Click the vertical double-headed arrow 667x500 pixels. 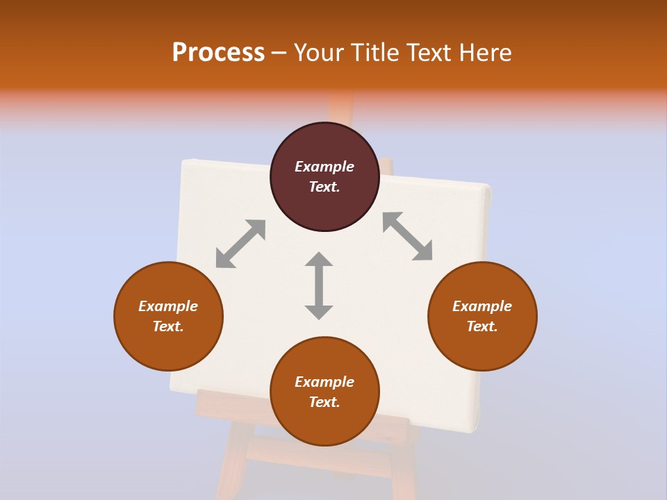point(319,286)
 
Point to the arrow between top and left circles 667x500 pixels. point(240,244)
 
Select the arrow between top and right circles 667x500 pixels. point(408,237)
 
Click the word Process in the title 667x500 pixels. point(218,52)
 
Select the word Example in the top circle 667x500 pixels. point(324,167)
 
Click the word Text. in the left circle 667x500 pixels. point(168,326)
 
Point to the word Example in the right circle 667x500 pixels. point(482,306)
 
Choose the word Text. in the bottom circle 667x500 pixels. point(324,402)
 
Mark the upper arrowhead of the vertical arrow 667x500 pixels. point(319,260)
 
